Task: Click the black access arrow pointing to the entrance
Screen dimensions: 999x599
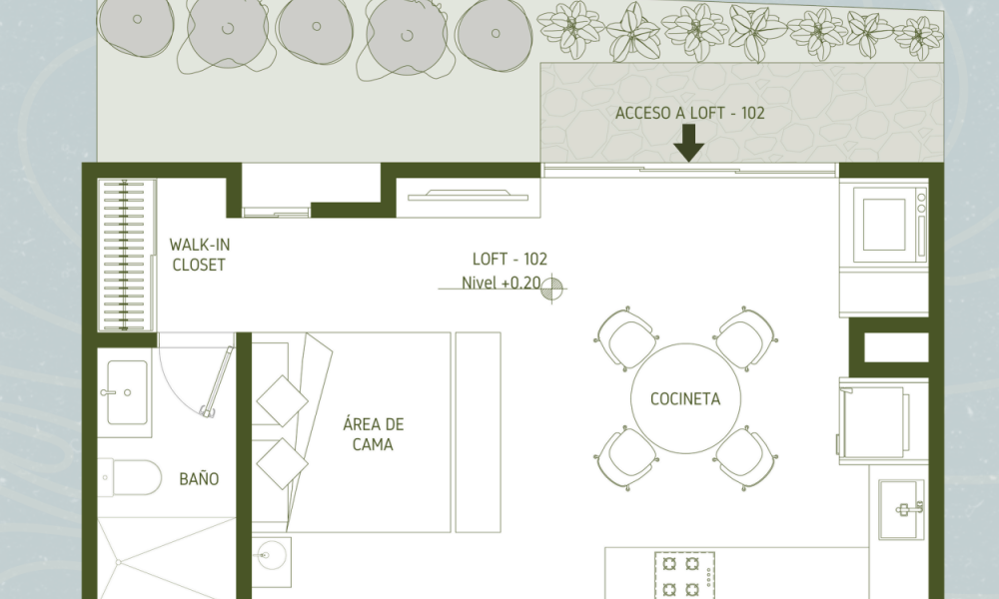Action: click(688, 143)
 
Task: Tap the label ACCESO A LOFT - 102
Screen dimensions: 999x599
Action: click(690, 113)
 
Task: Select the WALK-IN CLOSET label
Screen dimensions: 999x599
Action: click(200, 255)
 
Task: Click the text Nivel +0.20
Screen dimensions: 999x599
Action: click(501, 283)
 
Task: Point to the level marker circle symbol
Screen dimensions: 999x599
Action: click(552, 289)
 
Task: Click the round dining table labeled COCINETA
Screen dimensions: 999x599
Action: click(685, 398)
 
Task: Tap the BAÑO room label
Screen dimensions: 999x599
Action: click(199, 478)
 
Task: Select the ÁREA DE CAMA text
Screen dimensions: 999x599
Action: click(374, 434)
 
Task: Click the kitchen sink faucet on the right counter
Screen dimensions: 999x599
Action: click(909, 508)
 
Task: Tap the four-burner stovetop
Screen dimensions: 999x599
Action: click(684, 575)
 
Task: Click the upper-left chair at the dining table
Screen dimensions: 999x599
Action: click(626, 338)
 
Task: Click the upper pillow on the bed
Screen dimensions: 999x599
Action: click(283, 401)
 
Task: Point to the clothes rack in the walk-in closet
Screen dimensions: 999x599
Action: click(124, 255)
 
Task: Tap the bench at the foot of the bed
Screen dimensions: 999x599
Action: click(478, 432)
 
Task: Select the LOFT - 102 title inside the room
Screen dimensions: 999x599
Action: click(509, 260)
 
